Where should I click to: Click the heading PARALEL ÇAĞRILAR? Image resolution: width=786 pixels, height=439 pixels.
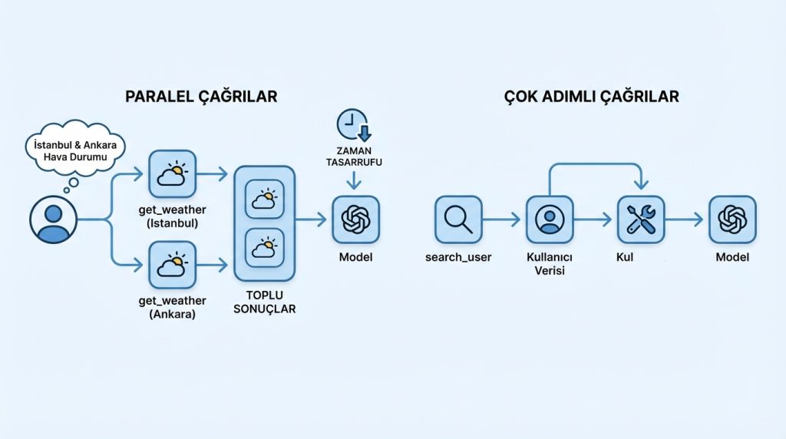pyautogui.click(x=201, y=97)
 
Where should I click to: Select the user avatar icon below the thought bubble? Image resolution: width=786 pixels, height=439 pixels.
pyautogui.click(x=53, y=219)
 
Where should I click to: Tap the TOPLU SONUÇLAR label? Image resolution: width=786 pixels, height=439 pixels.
pyautogui.click(x=265, y=302)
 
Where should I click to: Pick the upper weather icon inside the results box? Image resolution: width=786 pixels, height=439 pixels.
pyautogui.click(x=265, y=202)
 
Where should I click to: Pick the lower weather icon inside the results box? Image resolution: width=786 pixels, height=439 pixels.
pyautogui.click(x=265, y=250)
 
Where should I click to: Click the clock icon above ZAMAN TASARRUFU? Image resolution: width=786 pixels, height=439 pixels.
pyautogui.click(x=353, y=126)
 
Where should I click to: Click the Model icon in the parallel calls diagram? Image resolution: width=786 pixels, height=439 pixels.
pyautogui.click(x=355, y=219)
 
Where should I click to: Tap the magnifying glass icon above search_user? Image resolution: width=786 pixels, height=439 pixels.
pyautogui.click(x=458, y=219)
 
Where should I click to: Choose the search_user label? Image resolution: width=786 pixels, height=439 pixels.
pyautogui.click(x=458, y=257)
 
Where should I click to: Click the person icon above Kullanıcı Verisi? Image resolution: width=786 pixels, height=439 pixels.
pyautogui.click(x=550, y=219)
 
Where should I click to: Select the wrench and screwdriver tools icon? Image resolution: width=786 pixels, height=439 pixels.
pyautogui.click(x=641, y=219)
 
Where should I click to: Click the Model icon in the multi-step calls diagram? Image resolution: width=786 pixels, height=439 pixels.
pyautogui.click(x=732, y=219)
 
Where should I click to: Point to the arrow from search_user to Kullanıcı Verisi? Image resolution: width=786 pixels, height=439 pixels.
pyautogui.click(x=503, y=219)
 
